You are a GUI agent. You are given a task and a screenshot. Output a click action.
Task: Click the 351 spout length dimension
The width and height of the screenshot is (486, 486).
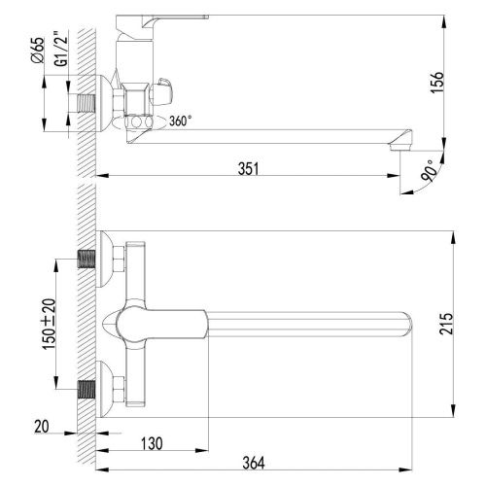point(249,167)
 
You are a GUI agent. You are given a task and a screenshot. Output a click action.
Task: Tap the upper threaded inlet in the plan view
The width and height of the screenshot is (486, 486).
point(87,260)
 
